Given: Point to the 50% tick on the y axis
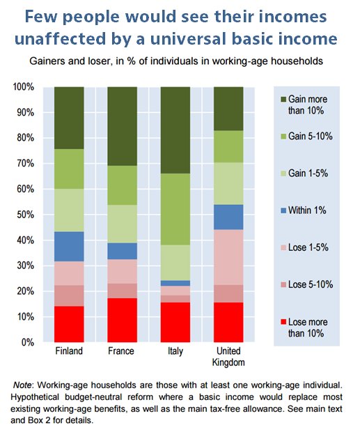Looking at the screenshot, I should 40,215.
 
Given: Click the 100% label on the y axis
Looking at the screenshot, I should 24,87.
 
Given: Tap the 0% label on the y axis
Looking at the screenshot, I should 29,342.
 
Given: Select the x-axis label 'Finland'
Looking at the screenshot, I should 69,351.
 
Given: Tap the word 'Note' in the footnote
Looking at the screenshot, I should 28,385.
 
